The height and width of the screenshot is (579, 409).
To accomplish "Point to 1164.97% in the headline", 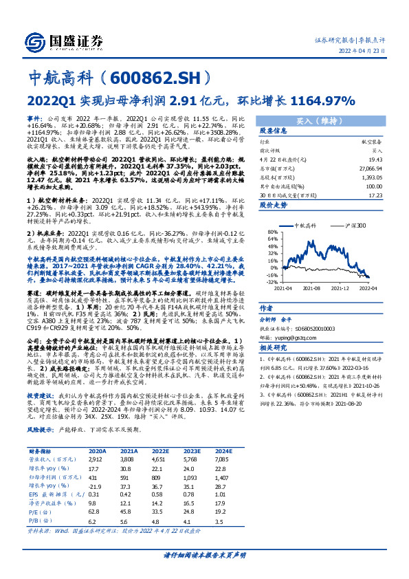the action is (322, 100).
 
